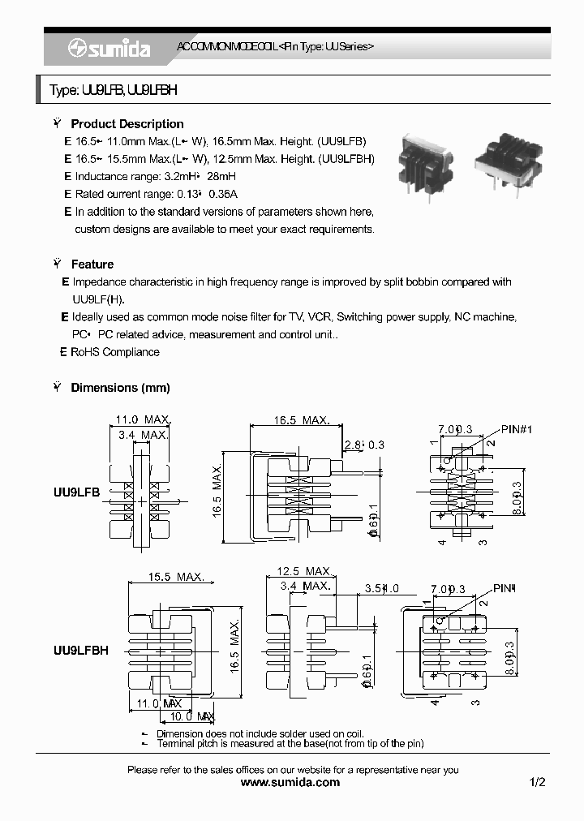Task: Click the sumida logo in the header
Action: [109, 49]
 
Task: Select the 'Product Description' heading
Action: [127, 124]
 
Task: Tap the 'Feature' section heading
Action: [92, 264]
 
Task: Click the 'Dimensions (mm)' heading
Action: [120, 388]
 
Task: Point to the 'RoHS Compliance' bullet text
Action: [114, 352]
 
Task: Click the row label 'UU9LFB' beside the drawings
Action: [76, 492]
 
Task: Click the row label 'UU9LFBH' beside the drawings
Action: [80, 650]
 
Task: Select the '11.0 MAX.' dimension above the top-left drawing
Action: [142, 419]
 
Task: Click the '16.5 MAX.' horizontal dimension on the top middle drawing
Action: [301, 420]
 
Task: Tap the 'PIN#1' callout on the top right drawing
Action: [517, 428]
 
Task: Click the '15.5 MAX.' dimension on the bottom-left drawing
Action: [175, 577]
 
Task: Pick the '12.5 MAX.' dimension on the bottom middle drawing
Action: [304, 572]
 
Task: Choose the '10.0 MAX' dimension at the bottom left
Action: [187, 716]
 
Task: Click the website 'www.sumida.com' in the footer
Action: [291, 782]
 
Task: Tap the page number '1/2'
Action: [537, 782]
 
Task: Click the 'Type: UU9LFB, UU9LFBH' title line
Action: [113, 91]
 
